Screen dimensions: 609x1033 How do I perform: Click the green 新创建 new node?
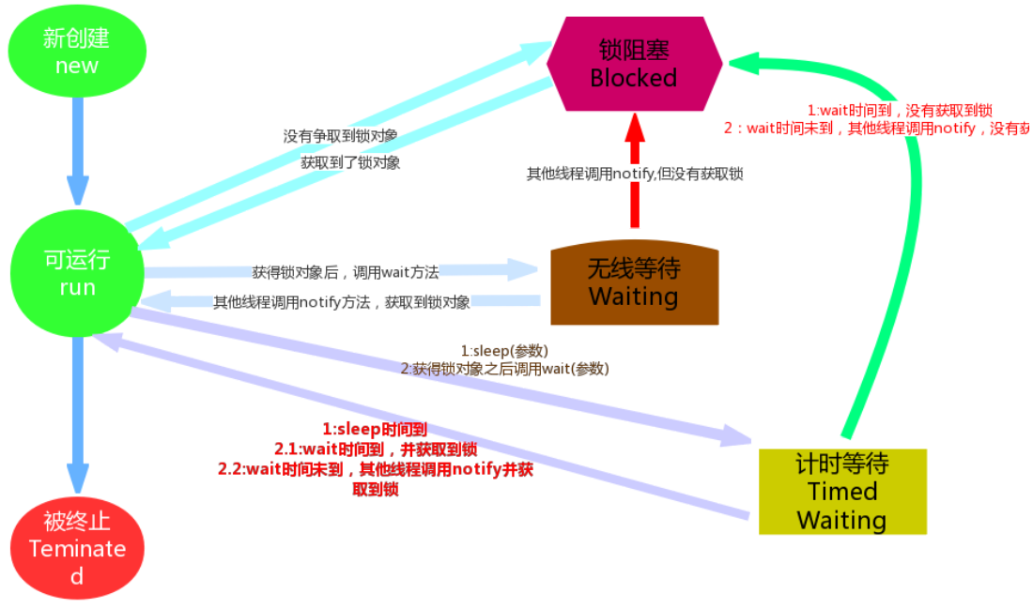pyautogui.click(x=77, y=52)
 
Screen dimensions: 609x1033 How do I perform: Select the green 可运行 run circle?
pyautogui.click(x=77, y=273)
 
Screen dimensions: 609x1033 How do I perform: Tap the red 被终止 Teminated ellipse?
pyautogui.click(x=77, y=548)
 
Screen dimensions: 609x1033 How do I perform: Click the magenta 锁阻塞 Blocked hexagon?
pyautogui.click(x=634, y=64)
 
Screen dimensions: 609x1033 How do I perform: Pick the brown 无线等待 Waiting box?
pyautogui.click(x=634, y=284)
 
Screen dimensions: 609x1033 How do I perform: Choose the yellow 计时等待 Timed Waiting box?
pyautogui.click(x=842, y=492)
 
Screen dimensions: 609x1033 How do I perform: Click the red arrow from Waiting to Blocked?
pyautogui.click(x=636, y=169)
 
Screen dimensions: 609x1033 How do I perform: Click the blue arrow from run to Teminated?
pyautogui.click(x=78, y=413)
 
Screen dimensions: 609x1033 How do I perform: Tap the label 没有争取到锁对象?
pyautogui.click(x=340, y=136)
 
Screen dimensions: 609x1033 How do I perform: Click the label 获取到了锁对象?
pyautogui.click(x=350, y=162)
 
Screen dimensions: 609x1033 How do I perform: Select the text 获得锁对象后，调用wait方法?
pyautogui.click(x=346, y=272)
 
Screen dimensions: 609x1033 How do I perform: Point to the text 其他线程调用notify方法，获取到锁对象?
pyautogui.click(x=342, y=302)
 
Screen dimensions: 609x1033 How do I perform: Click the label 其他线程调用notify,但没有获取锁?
pyautogui.click(x=635, y=173)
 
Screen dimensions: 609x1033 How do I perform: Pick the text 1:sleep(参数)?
pyautogui.click(x=504, y=350)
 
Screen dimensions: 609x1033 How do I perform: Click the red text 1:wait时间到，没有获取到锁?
pyautogui.click(x=901, y=110)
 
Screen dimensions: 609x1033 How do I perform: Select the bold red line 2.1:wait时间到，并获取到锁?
pyautogui.click(x=376, y=449)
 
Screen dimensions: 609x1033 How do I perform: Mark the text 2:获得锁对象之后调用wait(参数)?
pyautogui.click(x=505, y=369)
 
